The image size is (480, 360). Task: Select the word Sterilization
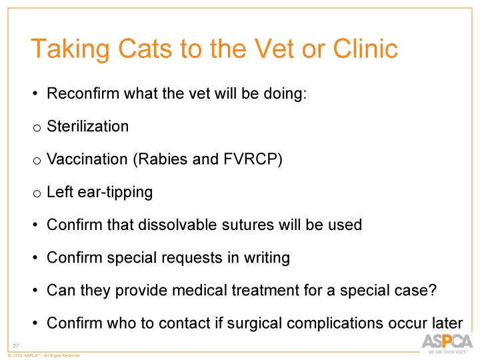tap(87, 126)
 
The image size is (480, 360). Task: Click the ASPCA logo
tap(446, 343)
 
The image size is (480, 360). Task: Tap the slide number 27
tap(17, 345)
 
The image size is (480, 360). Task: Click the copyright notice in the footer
tap(44, 356)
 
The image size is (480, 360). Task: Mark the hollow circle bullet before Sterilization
tap(37, 128)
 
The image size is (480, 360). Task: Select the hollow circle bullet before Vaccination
tap(37, 161)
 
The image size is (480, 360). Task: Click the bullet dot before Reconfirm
tap(35, 94)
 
